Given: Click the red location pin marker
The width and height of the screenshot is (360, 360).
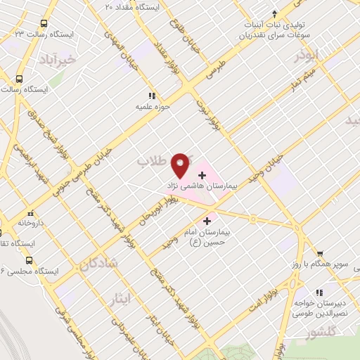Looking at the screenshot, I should [181, 165].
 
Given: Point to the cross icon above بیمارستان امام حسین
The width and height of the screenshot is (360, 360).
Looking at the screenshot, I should [207, 221].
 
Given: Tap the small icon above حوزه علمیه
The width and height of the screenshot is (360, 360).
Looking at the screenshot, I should [150, 96].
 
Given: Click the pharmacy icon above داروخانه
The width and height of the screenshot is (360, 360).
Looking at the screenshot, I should [30, 212].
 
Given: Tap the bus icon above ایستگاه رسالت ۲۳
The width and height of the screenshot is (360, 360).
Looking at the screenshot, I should [44, 22].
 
